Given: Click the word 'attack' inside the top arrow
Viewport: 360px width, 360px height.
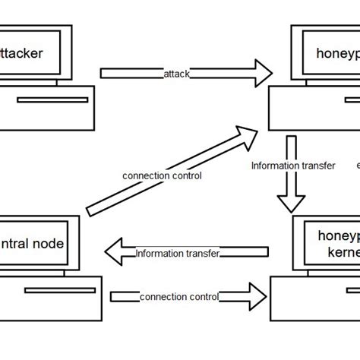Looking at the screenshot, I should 176,74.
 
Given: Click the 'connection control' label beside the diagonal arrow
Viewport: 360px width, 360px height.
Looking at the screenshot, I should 162,175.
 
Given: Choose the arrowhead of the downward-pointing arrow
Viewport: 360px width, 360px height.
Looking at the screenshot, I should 291,203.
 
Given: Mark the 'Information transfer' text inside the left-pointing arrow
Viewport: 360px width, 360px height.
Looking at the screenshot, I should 177,253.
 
